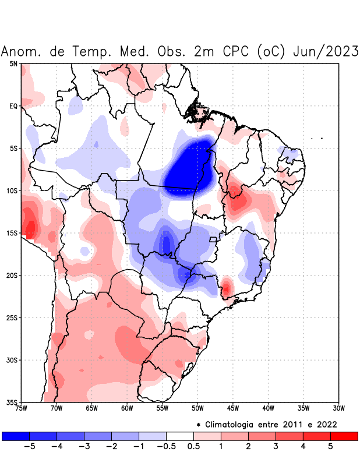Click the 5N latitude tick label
click(13, 63)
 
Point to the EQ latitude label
click(13, 106)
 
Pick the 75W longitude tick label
click(21, 408)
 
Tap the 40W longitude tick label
click(268, 408)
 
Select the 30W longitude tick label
click(338, 408)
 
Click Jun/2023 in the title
click(327, 51)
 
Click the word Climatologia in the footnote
click(237, 424)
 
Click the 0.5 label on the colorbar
click(194, 447)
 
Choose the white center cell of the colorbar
click(180, 436)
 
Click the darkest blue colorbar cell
click(16, 436)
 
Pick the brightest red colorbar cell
click(344, 436)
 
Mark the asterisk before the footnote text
click(199, 425)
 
